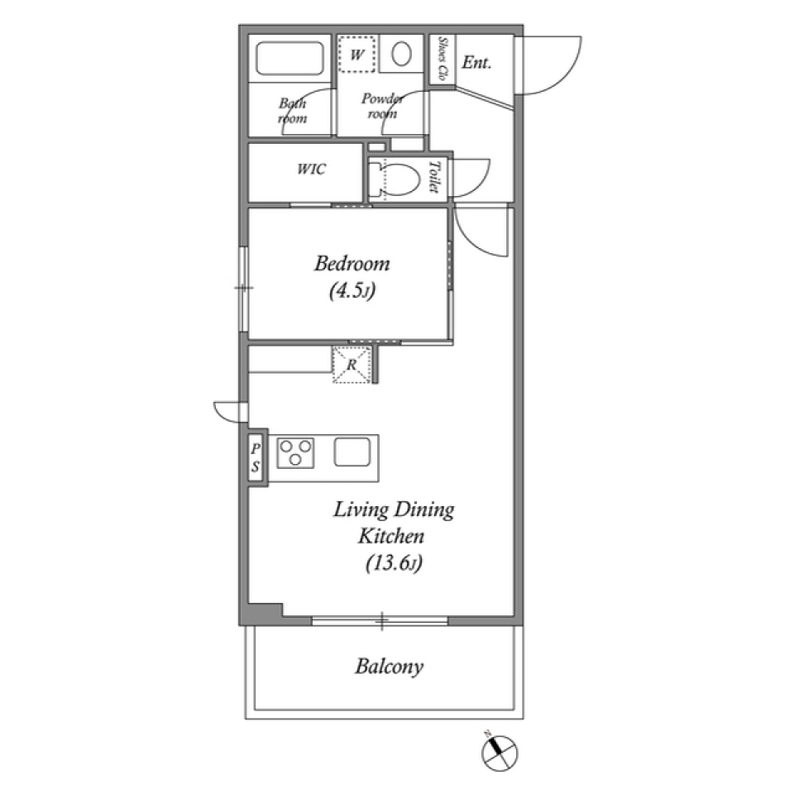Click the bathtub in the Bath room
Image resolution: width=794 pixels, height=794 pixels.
289,59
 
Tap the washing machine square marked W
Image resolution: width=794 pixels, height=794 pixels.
357,54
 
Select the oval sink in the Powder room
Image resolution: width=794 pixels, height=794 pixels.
401,54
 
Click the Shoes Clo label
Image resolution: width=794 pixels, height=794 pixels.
442,59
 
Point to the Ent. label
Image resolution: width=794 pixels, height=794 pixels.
476,63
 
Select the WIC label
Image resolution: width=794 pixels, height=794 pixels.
312,169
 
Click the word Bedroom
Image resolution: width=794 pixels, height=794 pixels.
352,264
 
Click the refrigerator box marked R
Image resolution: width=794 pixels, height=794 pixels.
352,364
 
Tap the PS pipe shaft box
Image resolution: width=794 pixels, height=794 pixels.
256,457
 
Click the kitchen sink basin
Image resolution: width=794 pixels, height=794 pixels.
352,452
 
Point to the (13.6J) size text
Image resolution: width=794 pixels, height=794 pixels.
394,563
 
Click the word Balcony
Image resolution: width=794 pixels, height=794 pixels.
389,667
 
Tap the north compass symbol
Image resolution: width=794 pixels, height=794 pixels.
500,753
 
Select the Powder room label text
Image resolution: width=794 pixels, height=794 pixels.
382,106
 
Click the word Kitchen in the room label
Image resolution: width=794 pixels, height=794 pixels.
391,536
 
